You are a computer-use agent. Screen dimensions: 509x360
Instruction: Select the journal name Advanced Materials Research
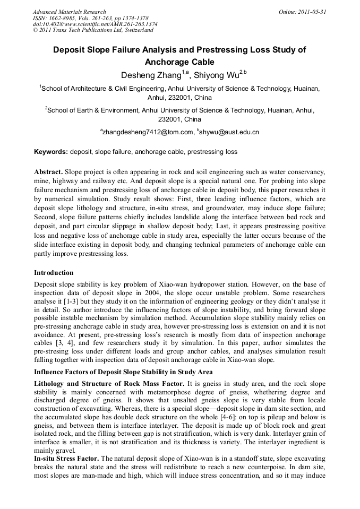click(69, 12)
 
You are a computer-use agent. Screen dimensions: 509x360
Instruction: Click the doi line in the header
click(95, 24)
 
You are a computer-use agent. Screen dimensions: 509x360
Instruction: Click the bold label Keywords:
click(51, 152)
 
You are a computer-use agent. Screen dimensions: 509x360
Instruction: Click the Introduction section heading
click(54, 273)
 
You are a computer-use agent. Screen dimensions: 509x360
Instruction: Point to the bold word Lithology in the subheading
click(51, 383)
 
